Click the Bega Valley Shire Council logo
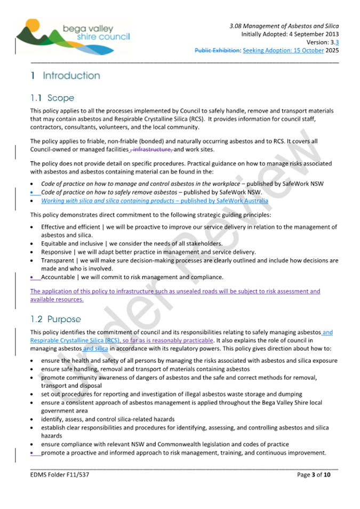click(x=72, y=35)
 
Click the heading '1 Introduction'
click(x=65, y=76)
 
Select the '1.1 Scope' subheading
click(x=52, y=98)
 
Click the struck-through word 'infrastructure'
click(x=152, y=149)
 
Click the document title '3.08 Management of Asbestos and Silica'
click(x=284, y=26)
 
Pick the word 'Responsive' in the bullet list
click(x=57, y=252)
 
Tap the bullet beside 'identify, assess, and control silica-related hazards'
click(x=33, y=419)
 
